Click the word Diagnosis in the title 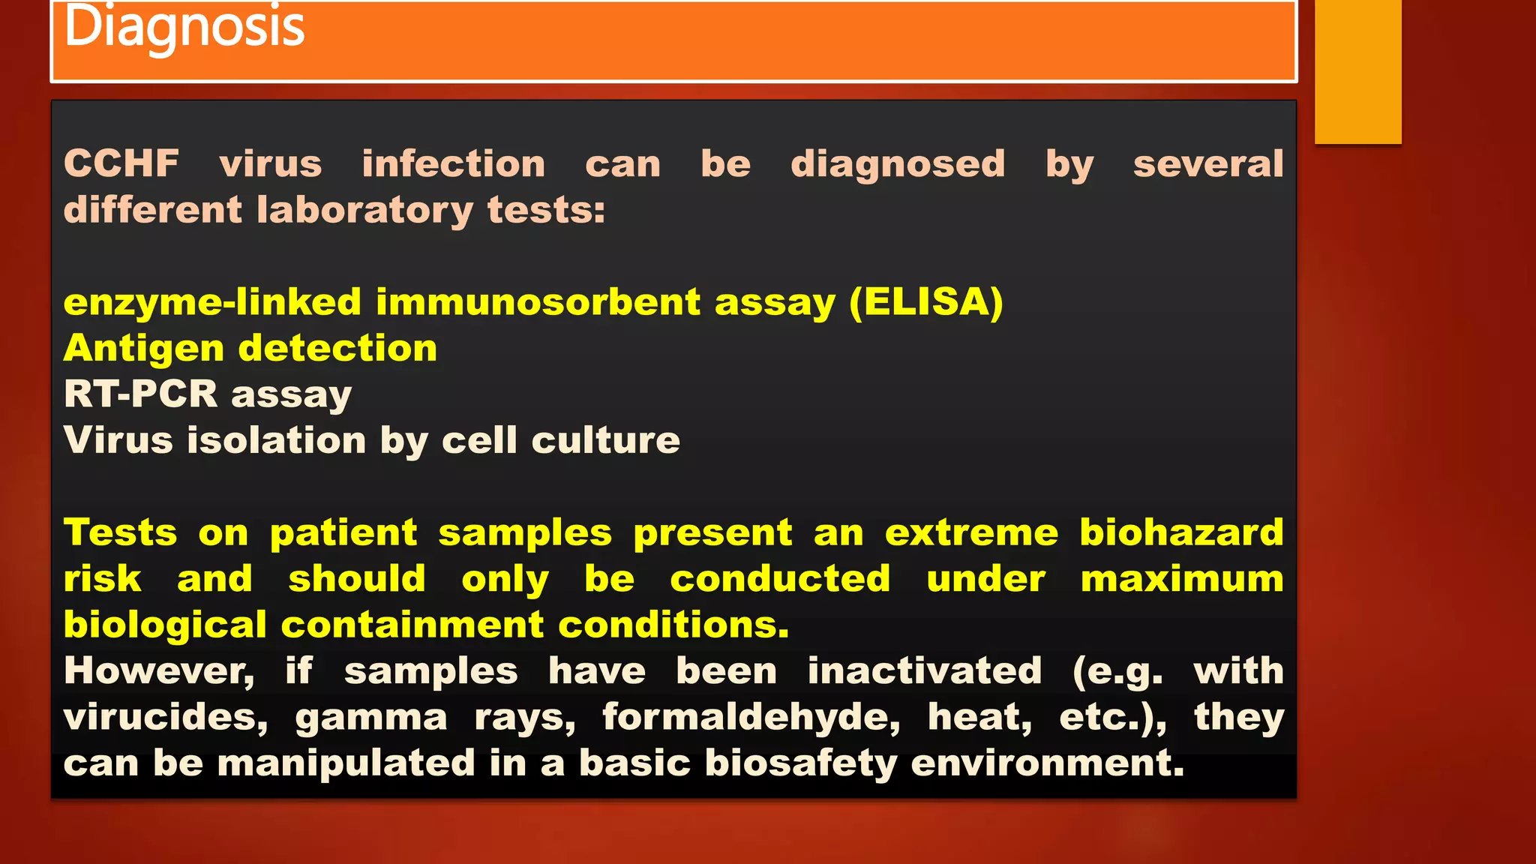coord(184,27)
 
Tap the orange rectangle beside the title coord(1357,71)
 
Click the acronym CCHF coord(121,163)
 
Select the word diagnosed coord(898,163)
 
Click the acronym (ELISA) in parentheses coord(926,302)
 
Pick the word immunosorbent coord(538,302)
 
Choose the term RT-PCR coord(140,394)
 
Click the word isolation coord(277,440)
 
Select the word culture coord(605,440)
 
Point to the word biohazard coord(1181,532)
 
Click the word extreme coord(971,532)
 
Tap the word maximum coord(1182,579)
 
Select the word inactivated coord(925,671)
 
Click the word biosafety coord(800,764)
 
